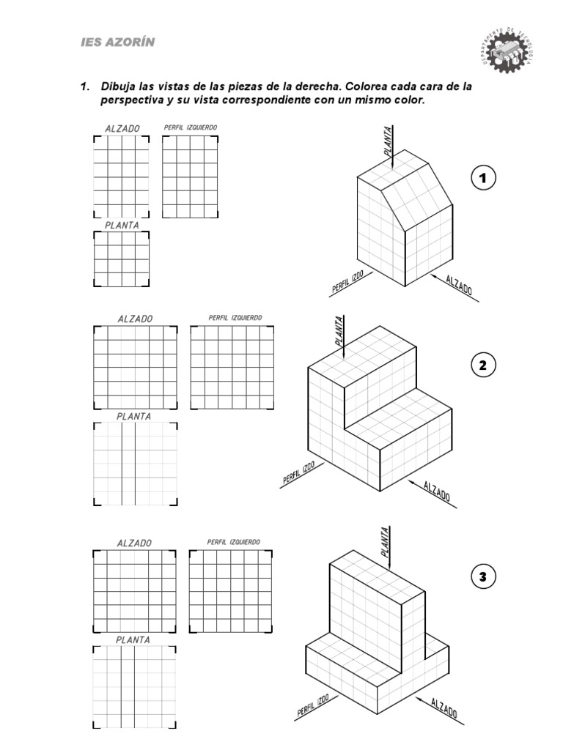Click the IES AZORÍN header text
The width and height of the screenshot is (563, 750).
[117, 42]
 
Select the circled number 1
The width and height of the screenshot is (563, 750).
[484, 178]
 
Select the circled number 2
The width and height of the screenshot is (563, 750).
[484, 365]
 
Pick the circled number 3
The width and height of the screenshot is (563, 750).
[484, 577]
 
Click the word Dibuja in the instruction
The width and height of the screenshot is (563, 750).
[122, 86]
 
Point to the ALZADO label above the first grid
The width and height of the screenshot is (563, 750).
[122, 128]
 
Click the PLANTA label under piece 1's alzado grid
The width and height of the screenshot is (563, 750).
[122, 226]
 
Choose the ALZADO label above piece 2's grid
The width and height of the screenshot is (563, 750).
[135, 319]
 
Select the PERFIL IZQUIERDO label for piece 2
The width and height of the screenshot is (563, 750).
[235, 318]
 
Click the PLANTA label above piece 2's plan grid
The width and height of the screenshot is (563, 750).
[133, 416]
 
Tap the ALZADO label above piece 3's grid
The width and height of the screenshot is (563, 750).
[134, 543]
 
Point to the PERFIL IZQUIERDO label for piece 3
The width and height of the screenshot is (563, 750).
[233, 542]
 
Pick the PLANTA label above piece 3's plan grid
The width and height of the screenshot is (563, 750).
[133, 639]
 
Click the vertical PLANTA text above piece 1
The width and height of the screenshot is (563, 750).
[386, 140]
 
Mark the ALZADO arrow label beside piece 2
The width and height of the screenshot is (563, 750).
[436, 493]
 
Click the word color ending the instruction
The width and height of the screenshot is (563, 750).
[408, 100]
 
